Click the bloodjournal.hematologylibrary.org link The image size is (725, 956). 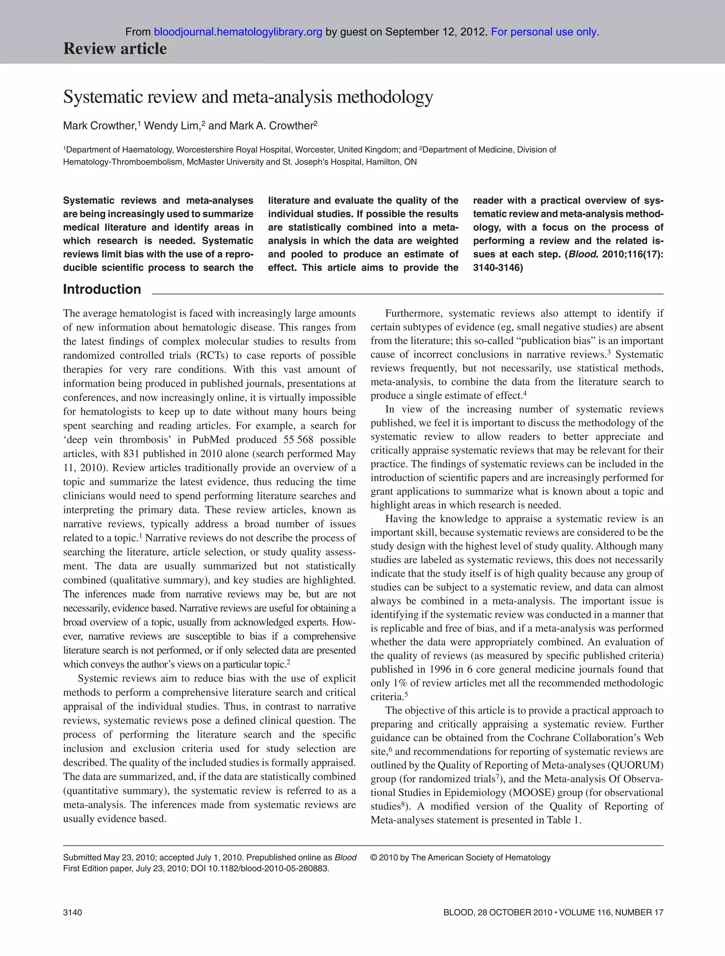pyautogui.click(x=238, y=32)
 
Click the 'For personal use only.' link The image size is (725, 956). pyautogui.click(x=545, y=32)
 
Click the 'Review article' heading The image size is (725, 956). pyautogui.click(x=115, y=49)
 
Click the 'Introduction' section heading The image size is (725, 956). pyautogui.click(x=102, y=289)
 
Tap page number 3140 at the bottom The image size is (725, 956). pyautogui.click(x=72, y=912)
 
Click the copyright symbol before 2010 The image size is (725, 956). pyautogui.click(x=374, y=858)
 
